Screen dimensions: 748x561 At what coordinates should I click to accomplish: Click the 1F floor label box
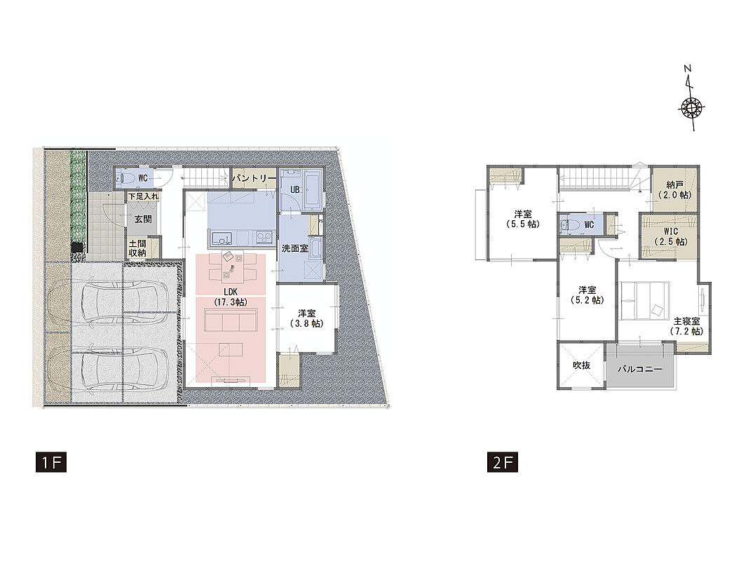click(51, 463)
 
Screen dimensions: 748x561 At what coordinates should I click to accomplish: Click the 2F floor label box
click(503, 463)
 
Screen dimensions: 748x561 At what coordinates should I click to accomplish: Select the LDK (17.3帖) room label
click(231, 296)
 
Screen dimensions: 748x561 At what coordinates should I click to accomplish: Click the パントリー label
click(254, 178)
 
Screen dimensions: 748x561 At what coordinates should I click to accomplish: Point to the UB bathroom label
click(295, 189)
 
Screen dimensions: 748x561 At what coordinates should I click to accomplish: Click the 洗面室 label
click(295, 248)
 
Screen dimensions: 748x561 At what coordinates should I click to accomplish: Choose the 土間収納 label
click(137, 248)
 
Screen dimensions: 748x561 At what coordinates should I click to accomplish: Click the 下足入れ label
click(143, 196)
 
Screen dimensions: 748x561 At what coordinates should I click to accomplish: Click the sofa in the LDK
click(231, 319)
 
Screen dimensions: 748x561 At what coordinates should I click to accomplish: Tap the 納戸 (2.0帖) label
click(674, 190)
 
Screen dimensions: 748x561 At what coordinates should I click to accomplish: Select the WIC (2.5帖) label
click(670, 236)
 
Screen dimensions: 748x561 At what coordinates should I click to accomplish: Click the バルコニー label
click(640, 369)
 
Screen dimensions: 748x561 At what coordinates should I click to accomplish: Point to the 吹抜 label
click(582, 365)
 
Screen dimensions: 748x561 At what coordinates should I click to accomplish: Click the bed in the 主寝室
click(644, 299)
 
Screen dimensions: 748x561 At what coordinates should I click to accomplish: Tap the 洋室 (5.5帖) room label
click(523, 219)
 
